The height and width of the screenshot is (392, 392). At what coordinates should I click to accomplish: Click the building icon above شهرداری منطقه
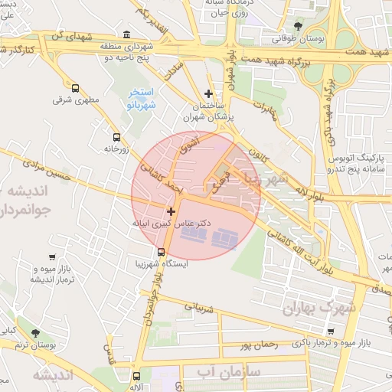click(126, 34)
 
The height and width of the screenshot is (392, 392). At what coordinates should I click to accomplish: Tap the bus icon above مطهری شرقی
click(75, 88)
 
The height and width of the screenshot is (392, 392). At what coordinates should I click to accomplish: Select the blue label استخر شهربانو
click(141, 98)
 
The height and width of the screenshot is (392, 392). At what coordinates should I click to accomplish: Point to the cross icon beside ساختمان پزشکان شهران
click(208, 93)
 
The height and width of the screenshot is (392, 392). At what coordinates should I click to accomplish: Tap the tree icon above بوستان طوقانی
click(298, 26)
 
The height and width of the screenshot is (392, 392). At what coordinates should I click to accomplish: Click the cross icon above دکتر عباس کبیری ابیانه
click(171, 211)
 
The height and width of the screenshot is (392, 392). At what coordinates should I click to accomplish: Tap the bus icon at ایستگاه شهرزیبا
click(160, 252)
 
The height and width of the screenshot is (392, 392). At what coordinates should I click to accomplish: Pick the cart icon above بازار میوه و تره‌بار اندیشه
click(51, 258)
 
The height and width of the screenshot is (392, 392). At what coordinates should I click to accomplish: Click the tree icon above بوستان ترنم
click(35, 332)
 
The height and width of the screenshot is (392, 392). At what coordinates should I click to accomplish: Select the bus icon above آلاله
click(136, 376)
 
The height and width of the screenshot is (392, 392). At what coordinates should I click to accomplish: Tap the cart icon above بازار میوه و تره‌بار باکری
click(330, 331)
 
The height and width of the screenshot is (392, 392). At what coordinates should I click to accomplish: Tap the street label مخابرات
click(265, 109)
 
